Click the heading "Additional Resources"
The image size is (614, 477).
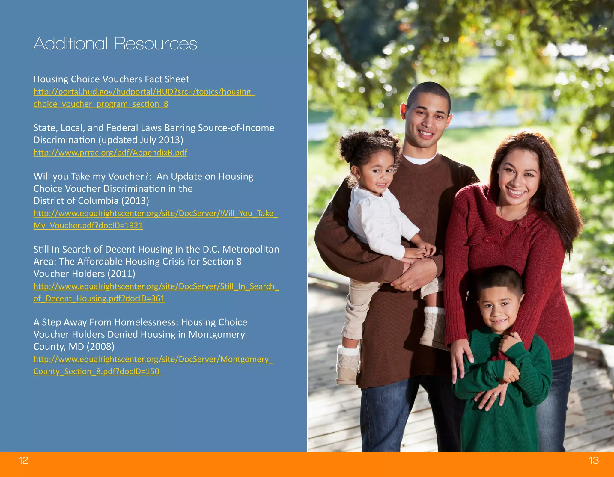[x=115, y=44]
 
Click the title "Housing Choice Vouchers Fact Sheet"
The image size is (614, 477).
[x=111, y=79]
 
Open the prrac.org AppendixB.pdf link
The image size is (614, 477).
[x=110, y=153]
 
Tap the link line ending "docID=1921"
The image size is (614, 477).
[x=88, y=225]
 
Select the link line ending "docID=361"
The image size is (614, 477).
[x=99, y=298]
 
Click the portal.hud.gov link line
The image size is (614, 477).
[x=144, y=92]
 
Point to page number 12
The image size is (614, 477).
[x=23, y=460]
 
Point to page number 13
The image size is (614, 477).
[x=594, y=460]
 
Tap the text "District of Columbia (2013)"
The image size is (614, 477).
[x=91, y=200]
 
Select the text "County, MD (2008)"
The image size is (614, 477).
[x=74, y=346]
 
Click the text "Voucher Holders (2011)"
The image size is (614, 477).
[x=84, y=274]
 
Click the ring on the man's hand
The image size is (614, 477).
[x=409, y=288]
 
